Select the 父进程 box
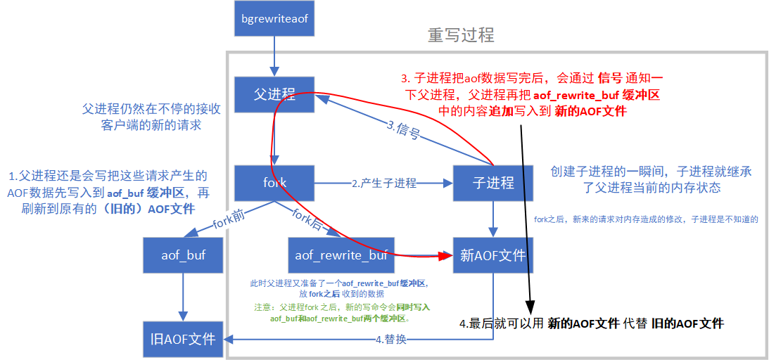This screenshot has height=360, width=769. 274,94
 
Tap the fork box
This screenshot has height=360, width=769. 274,183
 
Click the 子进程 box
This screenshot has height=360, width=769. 492,183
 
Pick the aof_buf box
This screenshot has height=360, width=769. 183,255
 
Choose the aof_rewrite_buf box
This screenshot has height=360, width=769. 341,255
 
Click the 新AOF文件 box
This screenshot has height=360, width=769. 492,255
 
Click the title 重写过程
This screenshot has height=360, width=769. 461,35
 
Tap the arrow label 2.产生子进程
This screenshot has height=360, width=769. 384,183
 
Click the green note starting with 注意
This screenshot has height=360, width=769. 342,313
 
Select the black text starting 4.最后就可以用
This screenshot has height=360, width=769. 591,323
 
